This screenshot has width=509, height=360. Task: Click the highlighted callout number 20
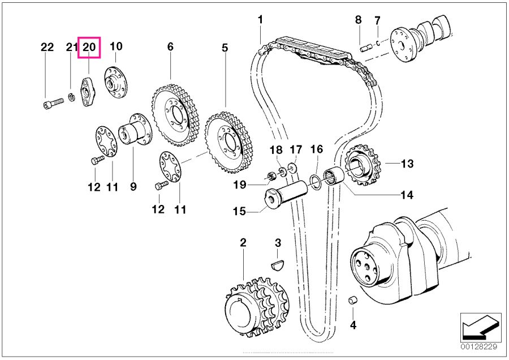[x=89, y=48]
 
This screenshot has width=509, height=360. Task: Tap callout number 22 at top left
[x=47, y=48]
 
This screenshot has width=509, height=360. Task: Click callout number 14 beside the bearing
[x=407, y=195]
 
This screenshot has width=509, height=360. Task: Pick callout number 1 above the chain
[x=260, y=20]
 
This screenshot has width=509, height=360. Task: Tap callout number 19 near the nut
[x=239, y=184]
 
